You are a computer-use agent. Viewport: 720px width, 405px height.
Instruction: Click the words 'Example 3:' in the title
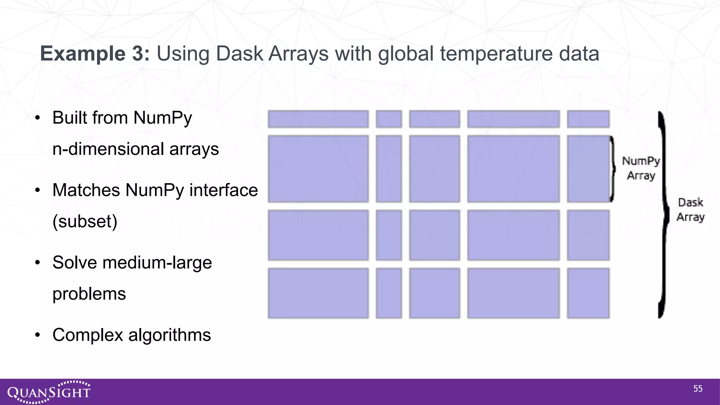(x=95, y=54)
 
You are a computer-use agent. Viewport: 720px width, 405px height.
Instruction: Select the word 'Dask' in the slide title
(x=239, y=54)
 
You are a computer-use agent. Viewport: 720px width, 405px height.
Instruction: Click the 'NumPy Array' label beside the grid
(x=641, y=168)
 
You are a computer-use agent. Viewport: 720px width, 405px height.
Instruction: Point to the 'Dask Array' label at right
(x=690, y=210)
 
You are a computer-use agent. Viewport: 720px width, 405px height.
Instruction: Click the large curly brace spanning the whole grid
(x=662, y=214)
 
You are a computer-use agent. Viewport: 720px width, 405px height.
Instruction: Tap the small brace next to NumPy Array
(x=612, y=169)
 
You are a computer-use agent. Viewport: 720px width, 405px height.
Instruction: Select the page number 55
(x=698, y=388)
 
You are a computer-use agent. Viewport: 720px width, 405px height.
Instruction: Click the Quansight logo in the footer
(x=49, y=392)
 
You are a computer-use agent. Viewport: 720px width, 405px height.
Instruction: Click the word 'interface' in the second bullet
(x=224, y=190)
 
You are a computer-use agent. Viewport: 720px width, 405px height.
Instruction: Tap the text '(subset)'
(x=85, y=221)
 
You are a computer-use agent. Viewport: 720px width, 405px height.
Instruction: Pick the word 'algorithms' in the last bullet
(x=169, y=335)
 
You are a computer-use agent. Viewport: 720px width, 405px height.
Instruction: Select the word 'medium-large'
(x=157, y=263)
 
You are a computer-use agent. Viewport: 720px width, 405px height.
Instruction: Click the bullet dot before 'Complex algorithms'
(x=38, y=335)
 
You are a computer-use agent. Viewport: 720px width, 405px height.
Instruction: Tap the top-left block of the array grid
(x=318, y=119)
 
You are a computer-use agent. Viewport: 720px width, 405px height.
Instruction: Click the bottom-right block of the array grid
(x=588, y=293)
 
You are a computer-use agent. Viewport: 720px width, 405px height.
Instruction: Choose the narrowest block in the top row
(x=389, y=119)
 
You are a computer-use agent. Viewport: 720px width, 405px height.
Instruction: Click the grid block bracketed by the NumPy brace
(x=588, y=169)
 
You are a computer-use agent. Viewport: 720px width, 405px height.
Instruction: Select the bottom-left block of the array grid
(x=318, y=293)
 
